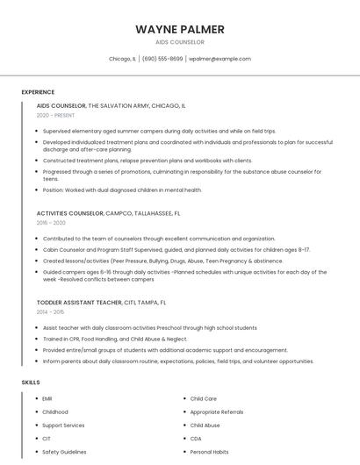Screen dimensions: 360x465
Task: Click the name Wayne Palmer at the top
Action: click(179, 29)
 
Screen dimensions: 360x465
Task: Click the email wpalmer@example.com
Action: click(220, 59)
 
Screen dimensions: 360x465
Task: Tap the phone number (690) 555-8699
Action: click(162, 59)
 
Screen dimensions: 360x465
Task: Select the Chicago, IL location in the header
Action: click(122, 59)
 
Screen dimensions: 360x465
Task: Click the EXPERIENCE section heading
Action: click(38, 92)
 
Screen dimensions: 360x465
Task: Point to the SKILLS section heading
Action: click(31, 383)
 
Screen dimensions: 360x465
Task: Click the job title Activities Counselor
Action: click(70, 213)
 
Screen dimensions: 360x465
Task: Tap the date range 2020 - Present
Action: click(55, 115)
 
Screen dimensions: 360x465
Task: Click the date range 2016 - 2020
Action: click(50, 224)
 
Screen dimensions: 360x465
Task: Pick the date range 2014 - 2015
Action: click(50, 312)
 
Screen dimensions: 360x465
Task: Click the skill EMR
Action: click(48, 399)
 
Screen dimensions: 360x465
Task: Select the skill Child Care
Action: click(203, 399)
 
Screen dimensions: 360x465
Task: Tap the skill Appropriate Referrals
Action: click(217, 412)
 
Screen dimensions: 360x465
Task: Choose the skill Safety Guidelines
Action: click(64, 452)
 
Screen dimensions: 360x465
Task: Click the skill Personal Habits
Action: click(209, 452)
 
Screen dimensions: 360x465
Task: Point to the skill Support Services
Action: click(63, 426)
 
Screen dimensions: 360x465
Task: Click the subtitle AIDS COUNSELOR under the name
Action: click(179, 42)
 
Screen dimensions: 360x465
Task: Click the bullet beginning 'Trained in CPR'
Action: click(114, 339)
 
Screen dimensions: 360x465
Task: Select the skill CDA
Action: click(196, 439)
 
